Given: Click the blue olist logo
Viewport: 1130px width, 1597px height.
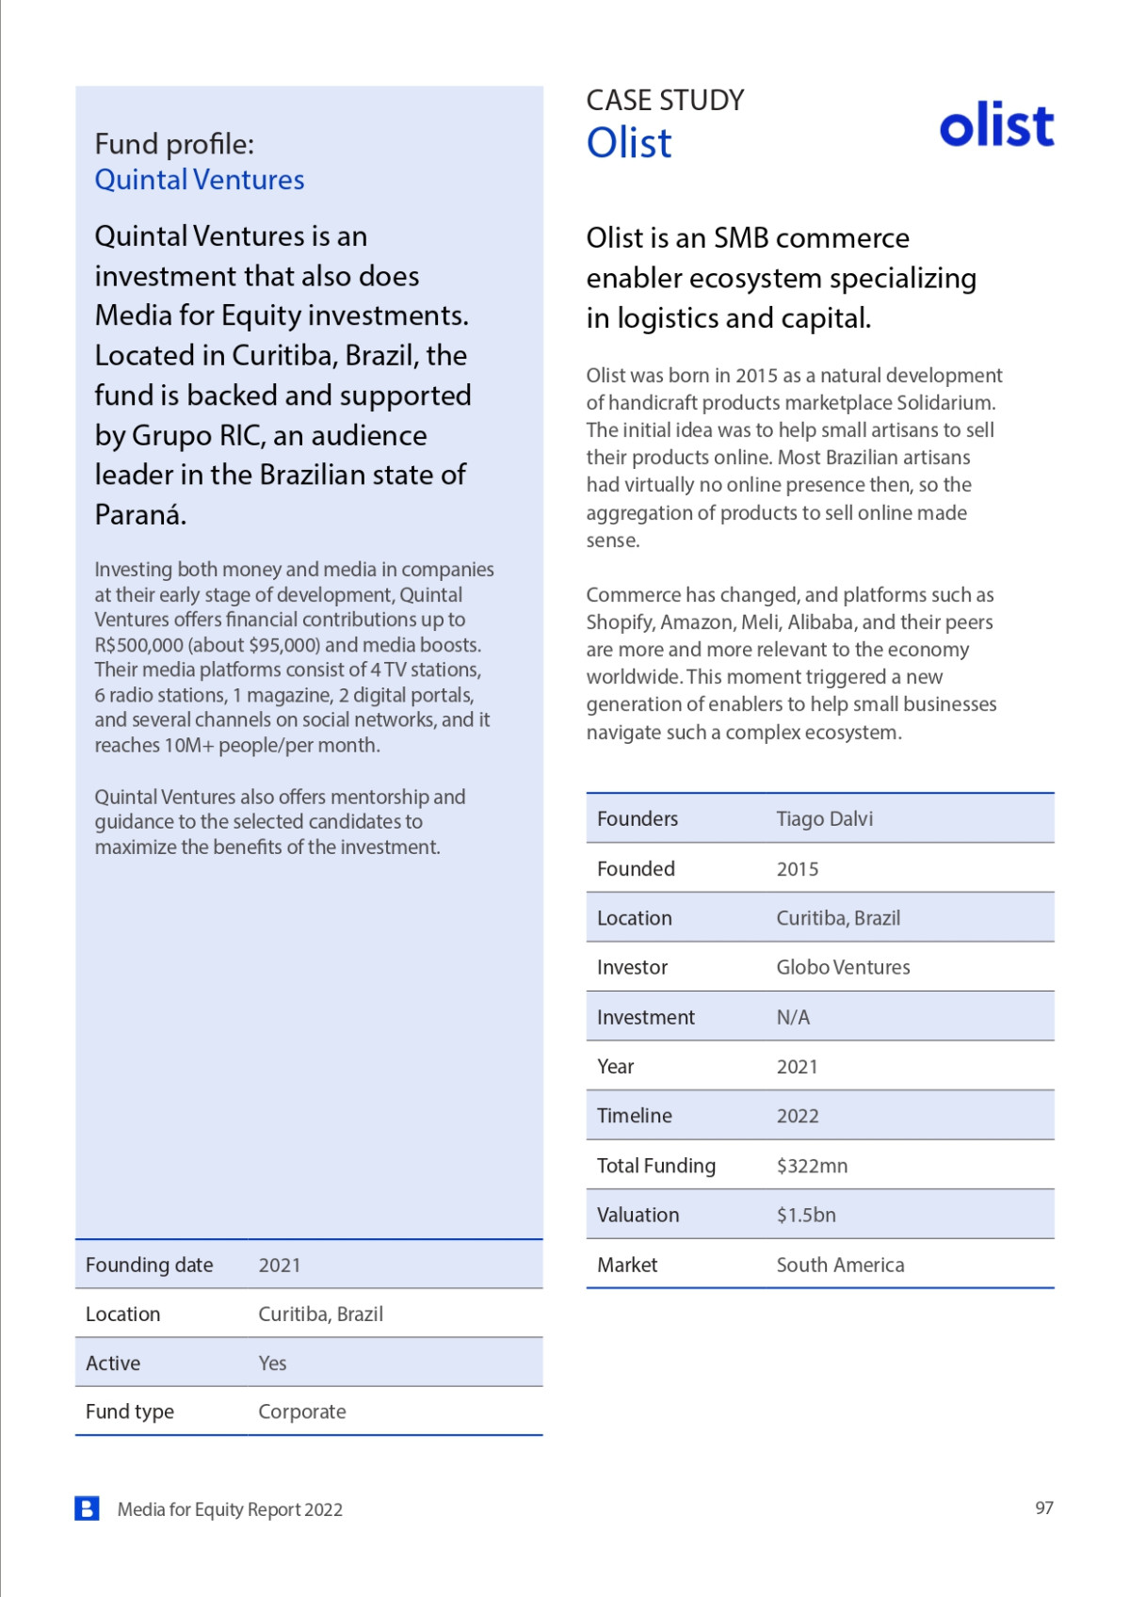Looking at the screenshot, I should pyautogui.click(x=996, y=126).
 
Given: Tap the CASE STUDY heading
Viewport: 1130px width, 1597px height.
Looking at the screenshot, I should pyautogui.click(x=665, y=101).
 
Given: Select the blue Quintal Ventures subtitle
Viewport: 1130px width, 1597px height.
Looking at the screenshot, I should pyautogui.click(x=200, y=180).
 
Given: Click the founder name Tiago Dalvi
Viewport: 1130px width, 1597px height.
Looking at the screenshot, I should pyautogui.click(x=824, y=819).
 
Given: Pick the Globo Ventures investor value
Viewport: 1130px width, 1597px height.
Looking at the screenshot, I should pyautogui.click(x=843, y=967).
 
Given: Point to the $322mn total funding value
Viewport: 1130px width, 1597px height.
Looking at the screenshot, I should pyautogui.click(x=812, y=1166).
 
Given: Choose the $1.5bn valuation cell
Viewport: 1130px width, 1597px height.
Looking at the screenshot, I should pyautogui.click(x=806, y=1215).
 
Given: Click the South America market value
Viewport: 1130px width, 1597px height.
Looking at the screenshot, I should pyautogui.click(x=840, y=1265).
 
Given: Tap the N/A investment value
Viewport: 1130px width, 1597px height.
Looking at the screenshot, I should pyautogui.click(x=793, y=1017).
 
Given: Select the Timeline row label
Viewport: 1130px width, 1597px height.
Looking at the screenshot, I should pyautogui.click(x=635, y=1116).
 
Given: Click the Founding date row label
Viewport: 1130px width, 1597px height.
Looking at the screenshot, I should pyautogui.click(x=150, y=1265).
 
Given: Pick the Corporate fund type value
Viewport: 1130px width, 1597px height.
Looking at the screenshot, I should pyautogui.click(x=302, y=1411).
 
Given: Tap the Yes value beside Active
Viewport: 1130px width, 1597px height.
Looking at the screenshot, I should pyautogui.click(x=272, y=1363).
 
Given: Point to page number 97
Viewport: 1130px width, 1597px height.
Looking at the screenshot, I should pyautogui.click(x=1043, y=1508).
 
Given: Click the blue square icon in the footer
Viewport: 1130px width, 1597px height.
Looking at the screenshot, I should pyautogui.click(x=87, y=1508).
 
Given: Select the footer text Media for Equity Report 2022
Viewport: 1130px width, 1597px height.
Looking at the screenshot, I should pyautogui.click(x=230, y=1509).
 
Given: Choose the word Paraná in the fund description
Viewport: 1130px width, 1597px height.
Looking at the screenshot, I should pyautogui.click(x=140, y=515).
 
